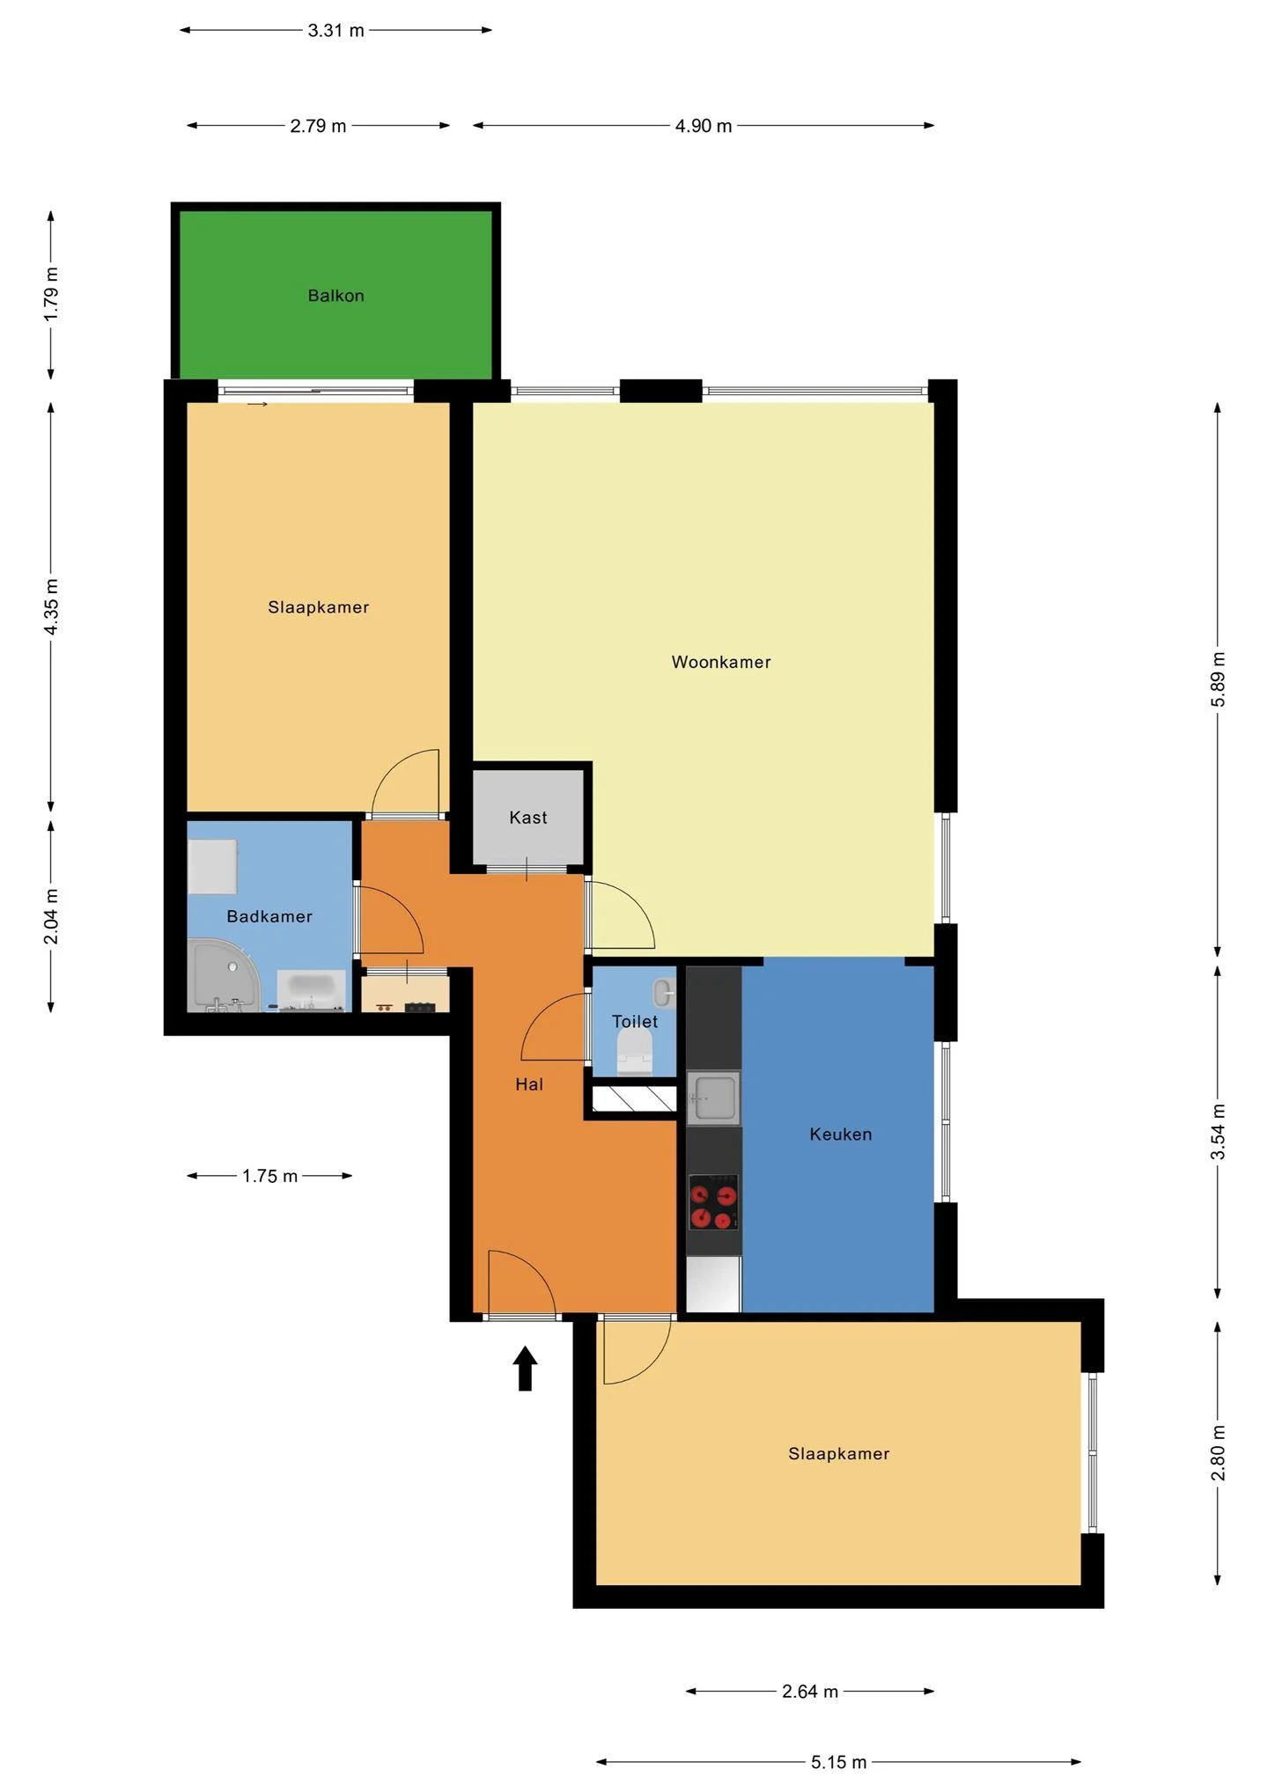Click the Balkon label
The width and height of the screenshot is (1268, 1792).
click(335, 296)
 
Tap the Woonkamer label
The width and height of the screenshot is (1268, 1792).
click(720, 662)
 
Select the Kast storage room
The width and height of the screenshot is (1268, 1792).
click(528, 817)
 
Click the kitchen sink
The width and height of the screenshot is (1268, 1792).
click(713, 1098)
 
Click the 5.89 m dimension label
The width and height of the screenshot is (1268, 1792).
click(1218, 679)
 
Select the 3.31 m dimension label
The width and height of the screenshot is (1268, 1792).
click(335, 31)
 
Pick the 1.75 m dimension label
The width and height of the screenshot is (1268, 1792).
click(269, 1176)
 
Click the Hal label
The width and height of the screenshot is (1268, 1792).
click(529, 1084)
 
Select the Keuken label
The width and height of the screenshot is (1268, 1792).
click(840, 1135)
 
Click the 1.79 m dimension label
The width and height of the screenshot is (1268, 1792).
click(52, 293)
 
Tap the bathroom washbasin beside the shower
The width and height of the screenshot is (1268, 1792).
click(311, 988)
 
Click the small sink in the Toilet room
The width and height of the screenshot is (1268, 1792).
click(662, 993)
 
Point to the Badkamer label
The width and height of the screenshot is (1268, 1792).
click(269, 916)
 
